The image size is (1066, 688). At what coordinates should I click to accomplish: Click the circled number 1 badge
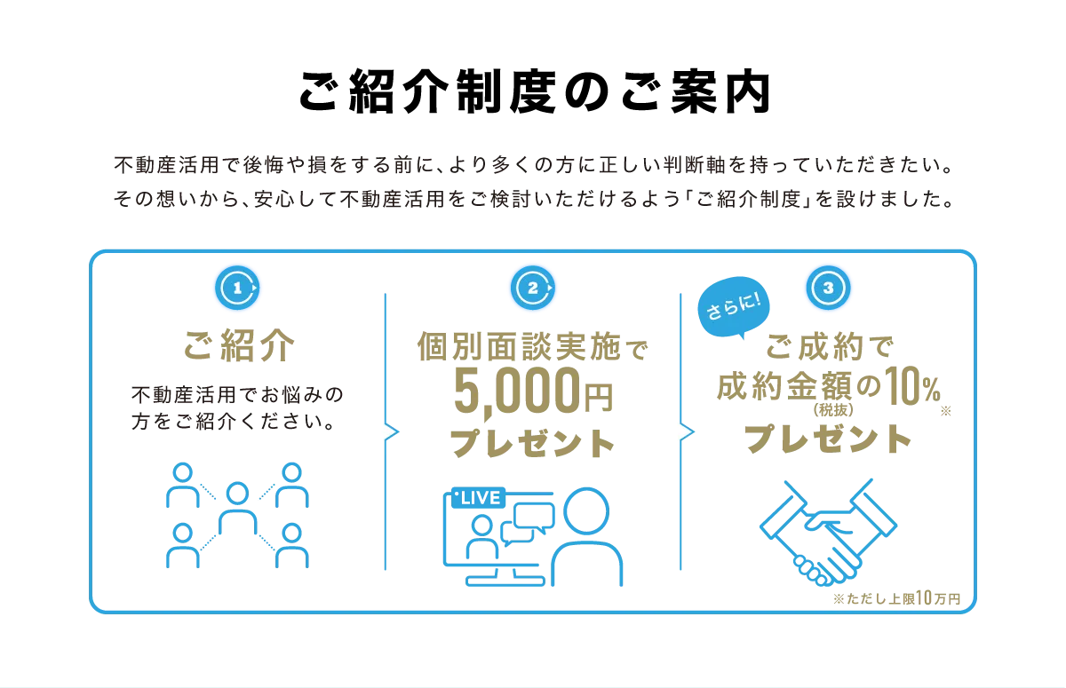click(237, 288)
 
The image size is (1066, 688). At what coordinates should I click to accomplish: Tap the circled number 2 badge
click(532, 288)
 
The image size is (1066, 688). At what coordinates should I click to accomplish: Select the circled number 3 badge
click(828, 288)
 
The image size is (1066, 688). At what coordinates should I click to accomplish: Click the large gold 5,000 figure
click(519, 391)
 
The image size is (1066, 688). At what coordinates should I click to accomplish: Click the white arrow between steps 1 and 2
click(386, 431)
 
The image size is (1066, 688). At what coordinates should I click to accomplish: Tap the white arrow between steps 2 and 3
click(682, 431)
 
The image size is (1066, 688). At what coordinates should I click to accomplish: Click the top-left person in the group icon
click(182, 485)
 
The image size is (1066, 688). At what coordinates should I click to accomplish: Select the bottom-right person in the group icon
click(290, 543)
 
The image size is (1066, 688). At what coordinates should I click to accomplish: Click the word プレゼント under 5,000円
click(532, 444)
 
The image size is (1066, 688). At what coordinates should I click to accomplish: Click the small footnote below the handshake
click(900, 597)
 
